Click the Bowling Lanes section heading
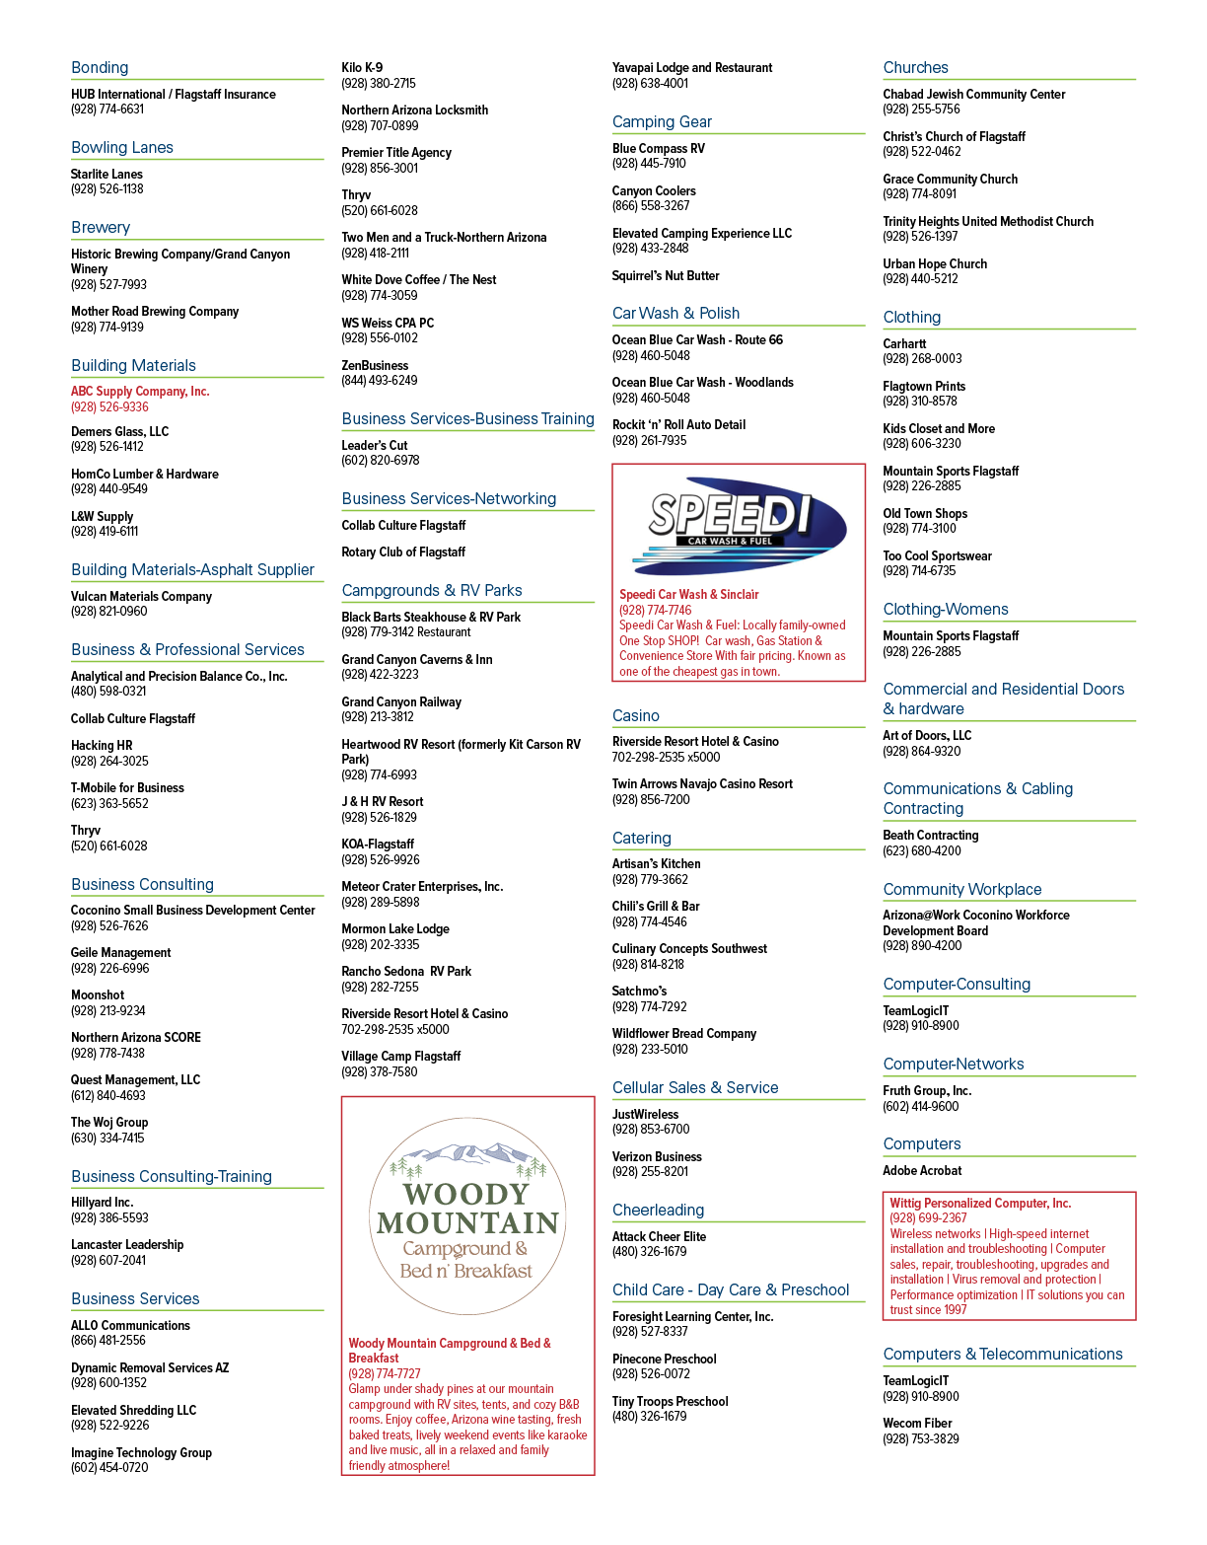coord(122,147)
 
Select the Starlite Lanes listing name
coord(106,175)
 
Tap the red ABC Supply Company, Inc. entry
coord(140,391)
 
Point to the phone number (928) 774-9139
coord(107,328)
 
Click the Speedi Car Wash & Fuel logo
coord(740,526)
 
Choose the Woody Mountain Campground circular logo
coord(467,1215)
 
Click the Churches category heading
coord(916,67)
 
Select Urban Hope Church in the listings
coord(935,263)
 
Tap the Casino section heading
coord(636,715)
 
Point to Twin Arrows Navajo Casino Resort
coord(702,783)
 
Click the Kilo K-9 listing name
coord(362,67)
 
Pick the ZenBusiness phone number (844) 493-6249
coord(380,381)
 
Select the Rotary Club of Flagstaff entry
coord(403,552)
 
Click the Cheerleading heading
coord(659,1210)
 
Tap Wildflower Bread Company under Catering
coord(684,1033)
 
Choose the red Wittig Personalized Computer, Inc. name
coord(980,1203)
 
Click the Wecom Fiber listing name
coord(917,1423)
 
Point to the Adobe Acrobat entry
coord(922,1170)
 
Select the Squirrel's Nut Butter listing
coord(666,276)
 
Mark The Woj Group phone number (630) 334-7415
coord(107,1138)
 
